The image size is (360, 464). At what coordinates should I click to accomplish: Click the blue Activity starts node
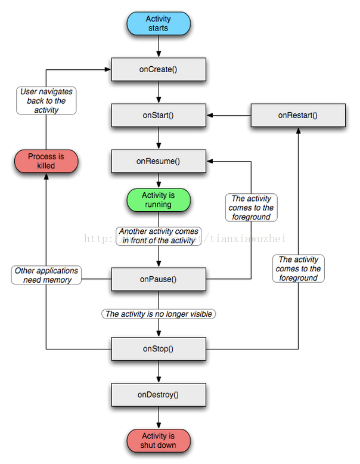coord(158,24)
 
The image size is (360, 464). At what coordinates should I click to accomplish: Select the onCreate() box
coord(159,70)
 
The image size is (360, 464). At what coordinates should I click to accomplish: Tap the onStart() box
coord(159,115)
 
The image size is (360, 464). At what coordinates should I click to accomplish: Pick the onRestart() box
coord(298,115)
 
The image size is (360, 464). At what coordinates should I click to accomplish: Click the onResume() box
coord(159,161)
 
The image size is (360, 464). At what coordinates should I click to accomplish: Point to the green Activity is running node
coord(158,200)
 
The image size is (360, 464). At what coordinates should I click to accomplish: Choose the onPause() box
coord(159,279)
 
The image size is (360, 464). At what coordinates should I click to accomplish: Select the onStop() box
coord(159,348)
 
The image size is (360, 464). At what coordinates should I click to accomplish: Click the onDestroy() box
coord(159,394)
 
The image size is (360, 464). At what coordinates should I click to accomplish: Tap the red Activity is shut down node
coord(158,440)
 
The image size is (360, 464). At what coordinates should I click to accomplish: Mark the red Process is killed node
coord(46,161)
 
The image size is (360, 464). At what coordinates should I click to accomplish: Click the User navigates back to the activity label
coord(46,101)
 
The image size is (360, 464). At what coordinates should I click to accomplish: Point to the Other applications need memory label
coord(46,275)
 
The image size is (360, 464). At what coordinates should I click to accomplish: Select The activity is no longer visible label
coord(159,314)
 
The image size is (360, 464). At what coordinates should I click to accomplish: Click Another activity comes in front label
coord(159,236)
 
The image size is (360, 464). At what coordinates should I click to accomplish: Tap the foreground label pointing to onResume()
coord(251,208)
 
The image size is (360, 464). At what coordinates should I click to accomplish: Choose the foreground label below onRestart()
coord(298,268)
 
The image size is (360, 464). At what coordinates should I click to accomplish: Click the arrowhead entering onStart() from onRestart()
coord(210,115)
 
